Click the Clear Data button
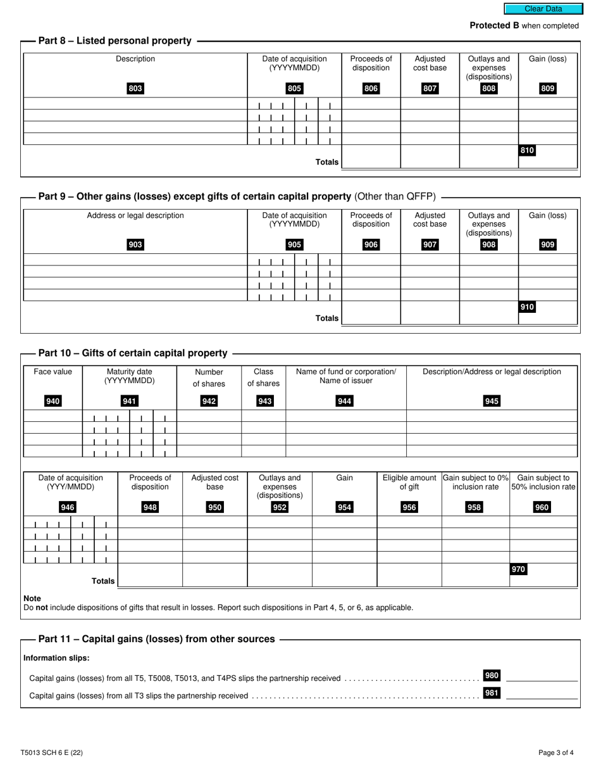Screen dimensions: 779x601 (x=543, y=9)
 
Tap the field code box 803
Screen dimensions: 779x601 (x=135, y=89)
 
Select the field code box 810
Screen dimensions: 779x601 (x=527, y=151)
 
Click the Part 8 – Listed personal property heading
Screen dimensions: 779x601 (x=115, y=41)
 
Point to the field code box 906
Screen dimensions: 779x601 (x=371, y=245)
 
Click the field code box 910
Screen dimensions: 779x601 (x=527, y=307)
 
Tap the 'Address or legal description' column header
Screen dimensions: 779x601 (x=135, y=215)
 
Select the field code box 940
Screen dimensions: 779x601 (x=53, y=401)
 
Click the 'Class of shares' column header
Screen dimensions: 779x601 (x=263, y=377)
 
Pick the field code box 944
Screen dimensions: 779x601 (x=345, y=401)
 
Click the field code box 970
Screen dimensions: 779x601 (x=519, y=569)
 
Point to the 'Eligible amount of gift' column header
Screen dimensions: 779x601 (x=409, y=482)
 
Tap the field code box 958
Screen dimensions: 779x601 (x=474, y=507)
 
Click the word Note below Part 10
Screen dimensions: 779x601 (x=32, y=598)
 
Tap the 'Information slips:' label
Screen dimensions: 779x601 (x=56, y=658)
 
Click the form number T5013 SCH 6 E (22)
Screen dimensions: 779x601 (x=51, y=753)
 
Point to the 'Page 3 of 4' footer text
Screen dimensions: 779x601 (x=556, y=753)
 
